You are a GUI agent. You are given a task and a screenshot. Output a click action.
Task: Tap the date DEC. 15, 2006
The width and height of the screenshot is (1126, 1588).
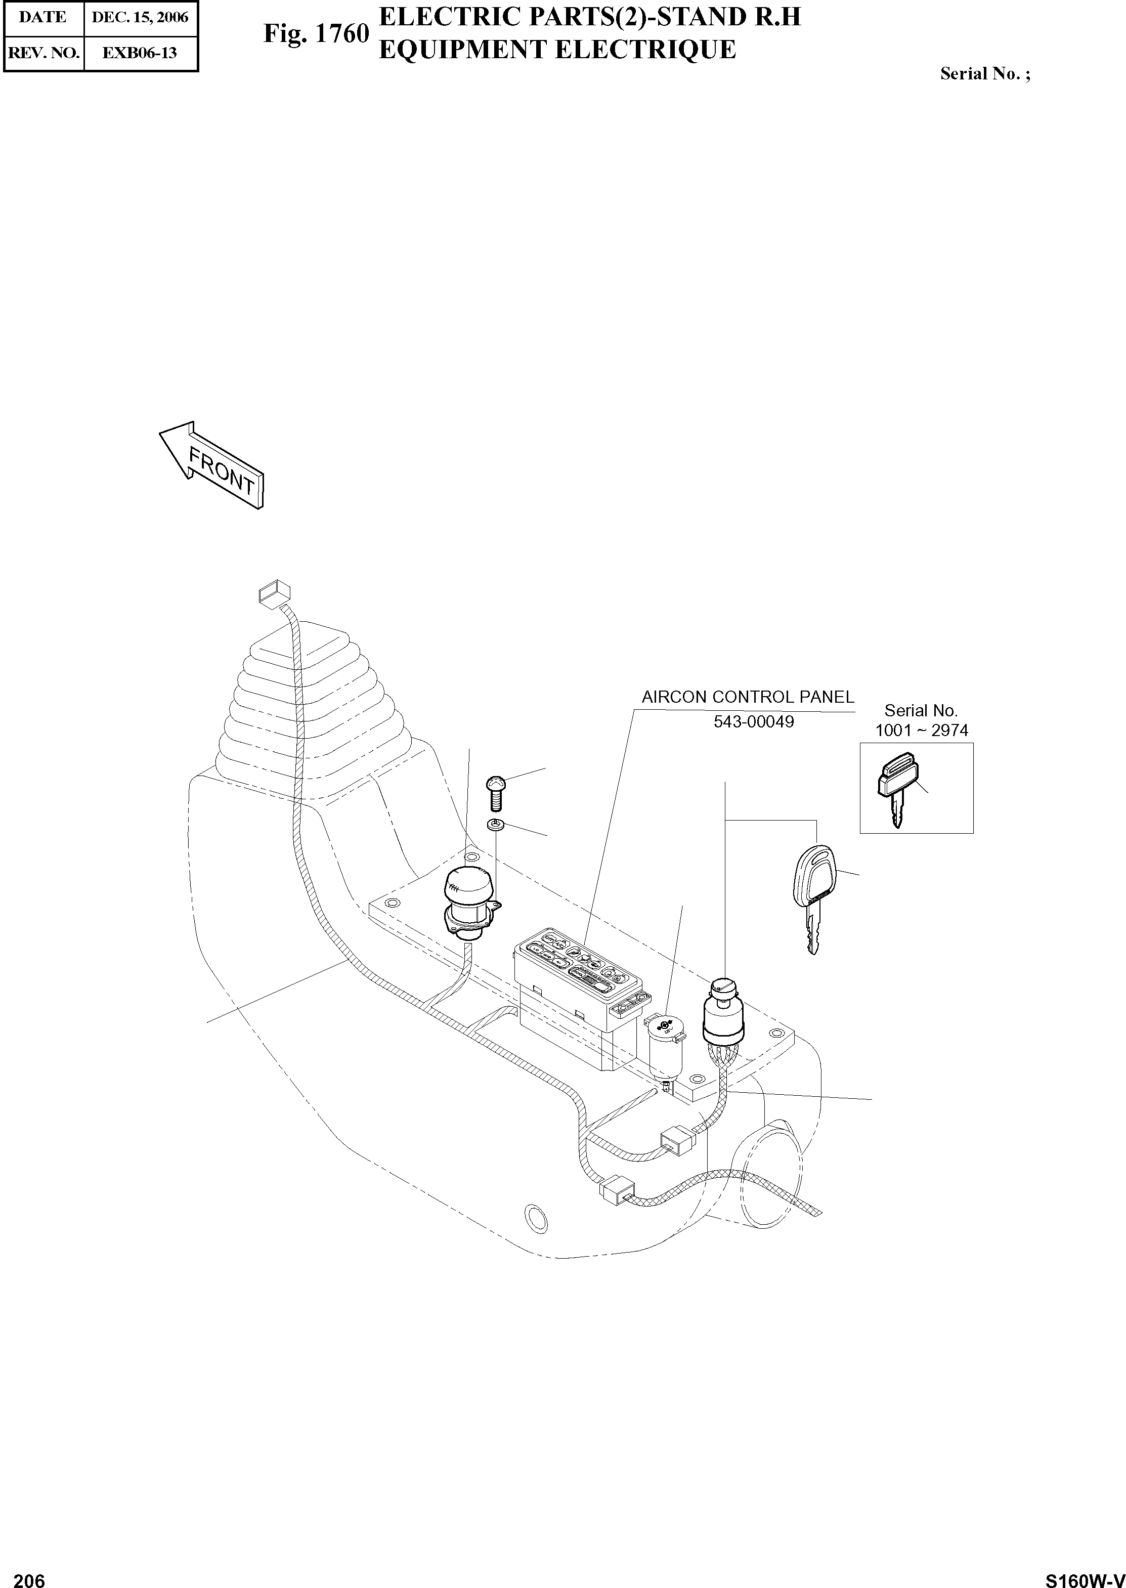point(140,17)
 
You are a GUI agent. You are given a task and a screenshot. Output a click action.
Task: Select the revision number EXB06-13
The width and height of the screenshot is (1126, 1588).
point(140,53)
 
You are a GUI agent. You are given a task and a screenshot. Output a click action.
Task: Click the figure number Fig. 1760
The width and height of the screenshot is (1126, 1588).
point(316,34)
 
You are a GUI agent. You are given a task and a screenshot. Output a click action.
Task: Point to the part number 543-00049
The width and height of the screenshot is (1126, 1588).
point(754,722)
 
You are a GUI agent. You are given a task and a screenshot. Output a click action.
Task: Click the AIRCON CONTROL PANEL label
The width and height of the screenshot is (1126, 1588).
point(748,697)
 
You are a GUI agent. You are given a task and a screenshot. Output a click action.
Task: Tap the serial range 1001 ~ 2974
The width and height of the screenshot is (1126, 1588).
point(922,730)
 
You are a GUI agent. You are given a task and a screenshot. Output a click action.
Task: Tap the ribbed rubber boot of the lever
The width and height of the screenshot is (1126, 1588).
point(305,707)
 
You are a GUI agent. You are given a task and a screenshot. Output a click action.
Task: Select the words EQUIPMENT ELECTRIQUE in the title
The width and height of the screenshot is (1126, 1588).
point(557,50)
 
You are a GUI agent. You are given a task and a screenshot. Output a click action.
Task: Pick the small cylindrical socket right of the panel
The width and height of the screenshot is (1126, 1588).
point(665,1044)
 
